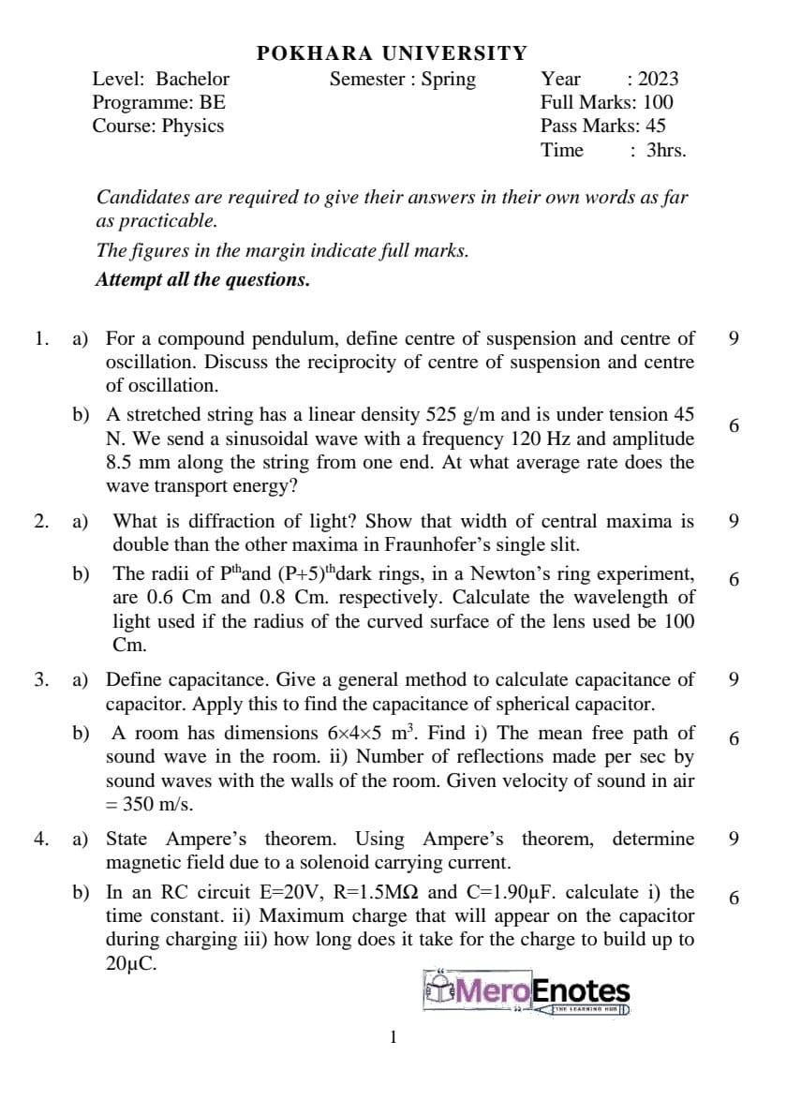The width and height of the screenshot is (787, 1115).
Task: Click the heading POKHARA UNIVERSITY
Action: point(392,53)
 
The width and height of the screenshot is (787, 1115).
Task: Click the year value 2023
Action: point(658,80)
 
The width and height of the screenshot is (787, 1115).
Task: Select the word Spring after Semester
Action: point(448,80)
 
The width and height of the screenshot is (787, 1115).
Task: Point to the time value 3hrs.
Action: point(666,150)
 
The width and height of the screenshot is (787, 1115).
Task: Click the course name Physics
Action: point(193,126)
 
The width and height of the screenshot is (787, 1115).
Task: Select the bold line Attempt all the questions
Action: point(202,279)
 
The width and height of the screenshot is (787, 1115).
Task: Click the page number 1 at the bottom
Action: point(393,1037)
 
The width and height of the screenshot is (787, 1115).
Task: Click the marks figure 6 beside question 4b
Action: point(734,898)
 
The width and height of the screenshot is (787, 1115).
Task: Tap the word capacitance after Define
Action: point(205,679)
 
